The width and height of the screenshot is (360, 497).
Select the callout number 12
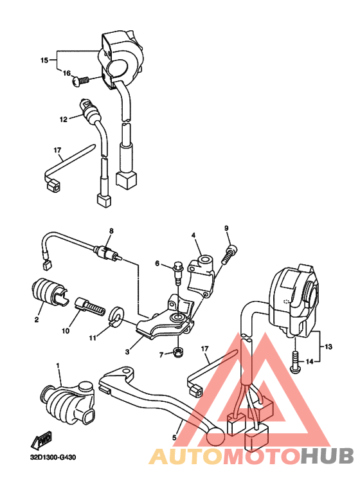64,119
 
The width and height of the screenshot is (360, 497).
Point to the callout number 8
111,230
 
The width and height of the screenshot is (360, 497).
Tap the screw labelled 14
296,363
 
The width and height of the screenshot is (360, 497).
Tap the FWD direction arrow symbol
44,440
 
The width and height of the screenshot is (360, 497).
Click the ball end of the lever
215,436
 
